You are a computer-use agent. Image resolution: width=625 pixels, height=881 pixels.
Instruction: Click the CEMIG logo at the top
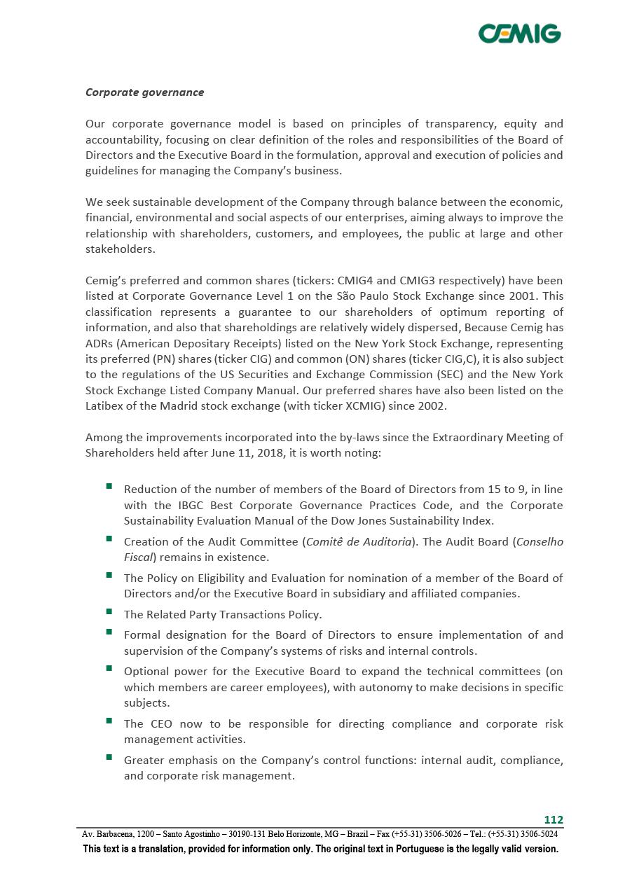tap(519, 33)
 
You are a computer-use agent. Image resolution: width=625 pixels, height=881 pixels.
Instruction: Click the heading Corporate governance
tap(144, 92)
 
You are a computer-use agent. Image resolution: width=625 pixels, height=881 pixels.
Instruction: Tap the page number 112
tap(554, 820)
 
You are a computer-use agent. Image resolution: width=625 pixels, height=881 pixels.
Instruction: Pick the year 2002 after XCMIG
tap(431, 405)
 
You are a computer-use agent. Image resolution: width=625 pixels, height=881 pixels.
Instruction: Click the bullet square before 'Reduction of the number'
tap(110, 486)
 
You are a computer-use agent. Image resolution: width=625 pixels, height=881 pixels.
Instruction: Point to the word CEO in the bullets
tap(163, 723)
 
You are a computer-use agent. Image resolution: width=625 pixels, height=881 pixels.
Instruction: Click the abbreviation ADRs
tap(101, 343)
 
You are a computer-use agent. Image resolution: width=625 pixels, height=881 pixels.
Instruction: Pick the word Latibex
tap(105, 405)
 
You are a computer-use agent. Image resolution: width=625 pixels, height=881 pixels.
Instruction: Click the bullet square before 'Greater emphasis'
tap(110, 757)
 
